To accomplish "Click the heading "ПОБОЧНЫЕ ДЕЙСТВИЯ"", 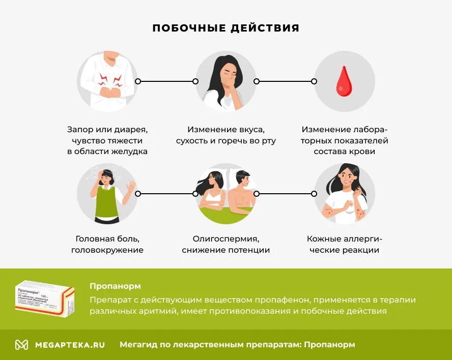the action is click(x=226, y=28).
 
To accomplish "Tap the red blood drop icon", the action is click(x=344, y=81).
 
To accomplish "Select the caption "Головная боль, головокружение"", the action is click(x=107, y=244).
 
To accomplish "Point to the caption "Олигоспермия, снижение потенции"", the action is click(x=226, y=244).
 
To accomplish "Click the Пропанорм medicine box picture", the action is click(x=45, y=298).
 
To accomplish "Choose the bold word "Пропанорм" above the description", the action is click(x=115, y=286).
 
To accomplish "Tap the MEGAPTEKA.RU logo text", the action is click(x=70, y=345).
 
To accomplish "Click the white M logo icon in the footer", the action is click(x=21, y=345).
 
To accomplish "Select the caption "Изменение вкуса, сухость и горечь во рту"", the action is click(x=226, y=135).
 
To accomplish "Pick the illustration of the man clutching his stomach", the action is click(x=107, y=81).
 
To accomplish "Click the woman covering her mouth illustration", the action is click(x=226, y=81).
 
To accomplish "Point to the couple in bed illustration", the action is click(x=226, y=194).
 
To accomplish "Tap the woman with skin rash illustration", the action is click(x=344, y=194).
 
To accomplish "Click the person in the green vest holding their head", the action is click(x=107, y=194).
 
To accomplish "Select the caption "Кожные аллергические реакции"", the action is click(x=344, y=244).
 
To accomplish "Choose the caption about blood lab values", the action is click(x=344, y=140).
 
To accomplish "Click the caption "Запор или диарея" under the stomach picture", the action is click(x=107, y=130).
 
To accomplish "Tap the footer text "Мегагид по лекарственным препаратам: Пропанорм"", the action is click(x=237, y=345).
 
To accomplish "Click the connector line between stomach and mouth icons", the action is click(x=166, y=81).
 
